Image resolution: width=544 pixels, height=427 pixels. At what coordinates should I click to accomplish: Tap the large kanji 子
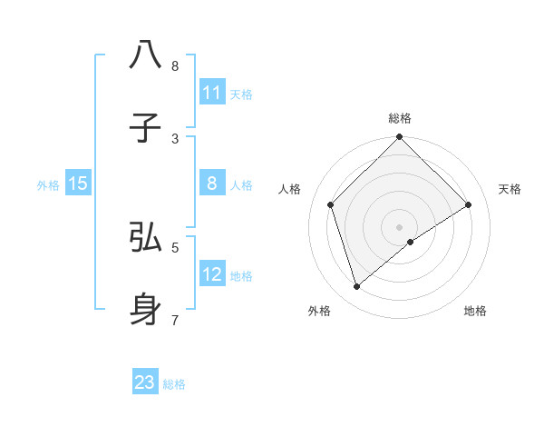coord(146,128)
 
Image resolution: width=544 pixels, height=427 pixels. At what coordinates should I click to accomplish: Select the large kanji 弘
coord(146,237)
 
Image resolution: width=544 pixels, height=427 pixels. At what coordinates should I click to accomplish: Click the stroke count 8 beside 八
coord(175,66)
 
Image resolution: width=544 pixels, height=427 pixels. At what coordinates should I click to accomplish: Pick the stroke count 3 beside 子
coord(175,138)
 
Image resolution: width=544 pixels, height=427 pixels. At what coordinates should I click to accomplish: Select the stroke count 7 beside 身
coord(175,320)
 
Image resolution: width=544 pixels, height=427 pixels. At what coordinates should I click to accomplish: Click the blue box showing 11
coord(212,93)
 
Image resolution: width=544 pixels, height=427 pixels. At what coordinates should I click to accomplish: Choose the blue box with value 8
coord(212,184)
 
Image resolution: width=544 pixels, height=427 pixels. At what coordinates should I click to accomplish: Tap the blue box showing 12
coord(212,274)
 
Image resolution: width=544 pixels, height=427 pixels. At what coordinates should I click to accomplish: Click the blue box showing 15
coord(78,184)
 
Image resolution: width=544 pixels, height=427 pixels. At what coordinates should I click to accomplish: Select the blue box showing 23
coord(145,382)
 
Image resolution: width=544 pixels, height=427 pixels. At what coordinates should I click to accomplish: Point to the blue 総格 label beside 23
coord(174,384)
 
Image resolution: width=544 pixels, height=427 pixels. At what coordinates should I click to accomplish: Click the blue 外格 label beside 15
coord(48,185)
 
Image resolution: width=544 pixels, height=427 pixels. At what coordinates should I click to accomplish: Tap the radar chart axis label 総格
coord(400,118)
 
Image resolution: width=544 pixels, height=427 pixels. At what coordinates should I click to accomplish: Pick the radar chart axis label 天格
coord(510,189)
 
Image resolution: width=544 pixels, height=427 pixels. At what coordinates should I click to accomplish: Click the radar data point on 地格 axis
coord(411,242)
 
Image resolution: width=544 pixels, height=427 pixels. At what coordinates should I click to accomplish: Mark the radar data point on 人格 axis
coord(331,204)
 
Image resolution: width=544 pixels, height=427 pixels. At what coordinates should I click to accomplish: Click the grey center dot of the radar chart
coord(400,226)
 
